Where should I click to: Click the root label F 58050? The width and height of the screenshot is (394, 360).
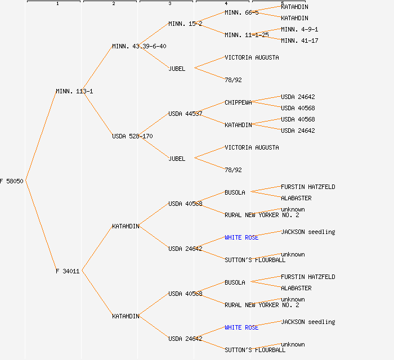(11, 181)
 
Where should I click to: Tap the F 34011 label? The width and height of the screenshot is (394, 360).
(68, 271)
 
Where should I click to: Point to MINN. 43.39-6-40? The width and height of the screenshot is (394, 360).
(139, 46)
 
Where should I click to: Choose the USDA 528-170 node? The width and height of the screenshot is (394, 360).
(132, 136)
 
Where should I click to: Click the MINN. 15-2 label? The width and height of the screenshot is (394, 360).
(185, 24)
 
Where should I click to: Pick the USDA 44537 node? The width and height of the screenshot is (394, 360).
(185, 114)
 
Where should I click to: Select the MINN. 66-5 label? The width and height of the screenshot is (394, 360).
(241, 12)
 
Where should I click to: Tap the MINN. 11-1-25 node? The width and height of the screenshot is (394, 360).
(247, 35)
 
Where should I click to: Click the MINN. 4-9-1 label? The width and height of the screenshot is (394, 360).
(299, 29)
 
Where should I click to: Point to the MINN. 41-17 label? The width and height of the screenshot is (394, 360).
(299, 40)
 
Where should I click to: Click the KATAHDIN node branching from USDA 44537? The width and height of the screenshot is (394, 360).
(238, 125)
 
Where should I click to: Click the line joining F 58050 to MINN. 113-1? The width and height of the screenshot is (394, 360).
(41, 136)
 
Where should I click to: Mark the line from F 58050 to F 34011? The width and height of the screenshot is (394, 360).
(41, 226)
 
